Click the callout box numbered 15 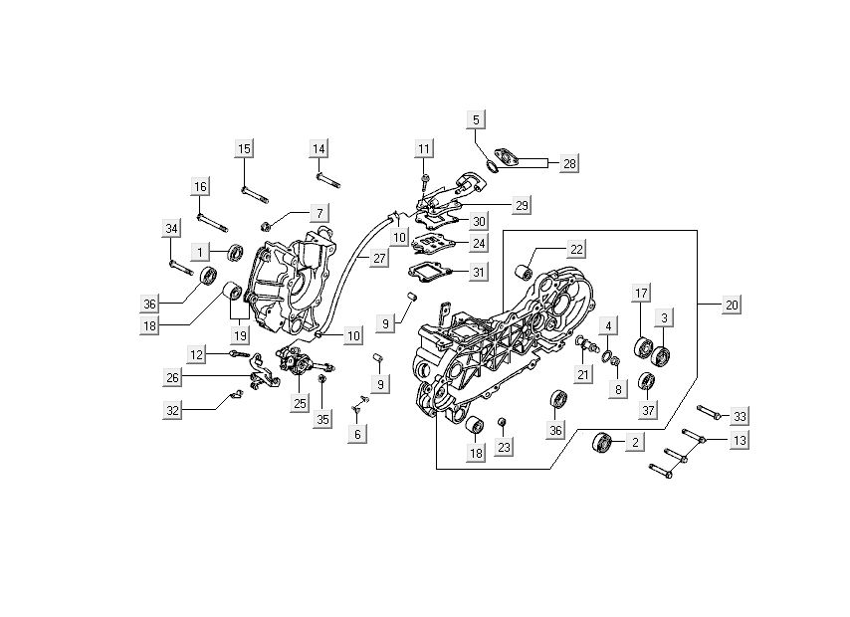(x=244, y=149)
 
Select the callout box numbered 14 (x=319, y=149)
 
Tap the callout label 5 (x=476, y=119)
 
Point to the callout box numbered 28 (x=568, y=162)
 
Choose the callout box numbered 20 (x=732, y=305)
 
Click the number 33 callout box (x=740, y=415)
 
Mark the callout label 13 (x=740, y=440)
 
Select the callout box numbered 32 (x=174, y=409)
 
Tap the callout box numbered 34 (x=171, y=230)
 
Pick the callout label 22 (x=576, y=249)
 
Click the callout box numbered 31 (x=478, y=273)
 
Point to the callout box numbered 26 (x=174, y=377)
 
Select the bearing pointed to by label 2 (x=601, y=443)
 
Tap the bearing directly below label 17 (x=642, y=349)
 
